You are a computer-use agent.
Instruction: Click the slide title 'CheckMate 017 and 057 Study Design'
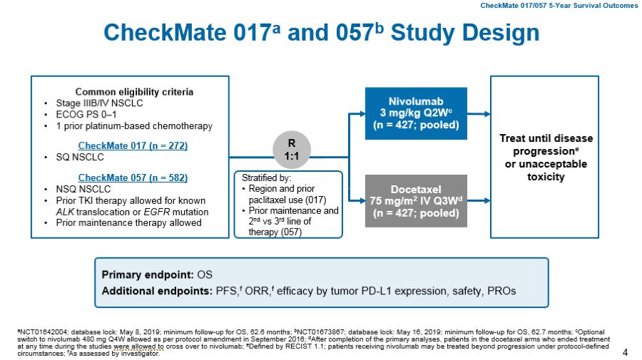click(x=321, y=33)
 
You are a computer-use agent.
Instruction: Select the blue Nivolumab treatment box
click(x=416, y=114)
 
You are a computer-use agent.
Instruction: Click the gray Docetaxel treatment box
click(x=416, y=200)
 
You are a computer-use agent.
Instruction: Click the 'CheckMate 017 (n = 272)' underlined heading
click(x=133, y=146)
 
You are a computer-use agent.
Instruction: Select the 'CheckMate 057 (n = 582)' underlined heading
click(x=133, y=178)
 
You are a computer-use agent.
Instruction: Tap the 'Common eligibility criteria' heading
click(x=134, y=92)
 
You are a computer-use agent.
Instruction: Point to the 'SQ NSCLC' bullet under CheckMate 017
click(x=78, y=158)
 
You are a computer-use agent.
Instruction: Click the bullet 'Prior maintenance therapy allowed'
click(x=128, y=222)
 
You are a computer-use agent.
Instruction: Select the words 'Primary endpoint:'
click(x=148, y=274)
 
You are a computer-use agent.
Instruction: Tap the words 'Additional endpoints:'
click(x=157, y=291)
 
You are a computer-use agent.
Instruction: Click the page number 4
click(x=626, y=352)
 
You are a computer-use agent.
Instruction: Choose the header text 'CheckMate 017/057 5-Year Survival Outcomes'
click(x=559, y=6)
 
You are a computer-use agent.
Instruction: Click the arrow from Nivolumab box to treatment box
click(x=479, y=114)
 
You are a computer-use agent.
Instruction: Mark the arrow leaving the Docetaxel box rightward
click(x=479, y=200)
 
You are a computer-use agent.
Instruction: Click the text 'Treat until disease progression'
click(x=546, y=145)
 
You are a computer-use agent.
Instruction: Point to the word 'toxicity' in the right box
click(x=546, y=177)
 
